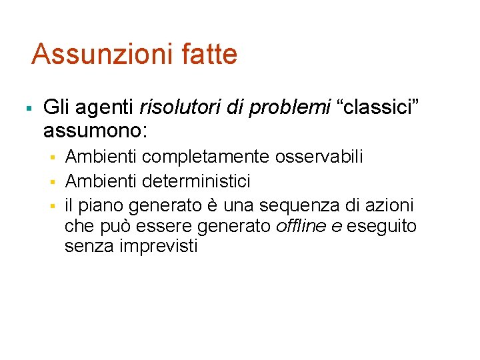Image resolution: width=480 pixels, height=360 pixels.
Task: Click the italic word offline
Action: pyautogui.click(x=298, y=226)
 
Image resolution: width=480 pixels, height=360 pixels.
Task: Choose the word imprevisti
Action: pyautogui.click(x=159, y=247)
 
